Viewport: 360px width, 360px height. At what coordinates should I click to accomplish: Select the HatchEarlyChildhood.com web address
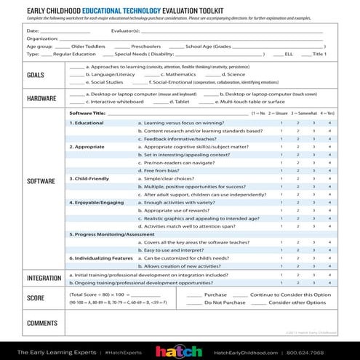pos(251,351)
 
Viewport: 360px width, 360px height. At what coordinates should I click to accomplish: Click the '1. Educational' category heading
pos(87,123)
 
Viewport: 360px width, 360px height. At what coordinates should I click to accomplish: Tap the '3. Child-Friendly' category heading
pos(90,178)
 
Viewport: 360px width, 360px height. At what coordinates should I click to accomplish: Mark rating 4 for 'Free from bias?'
pos(329,170)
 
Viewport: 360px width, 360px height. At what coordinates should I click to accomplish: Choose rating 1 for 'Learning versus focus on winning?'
pos(280,123)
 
